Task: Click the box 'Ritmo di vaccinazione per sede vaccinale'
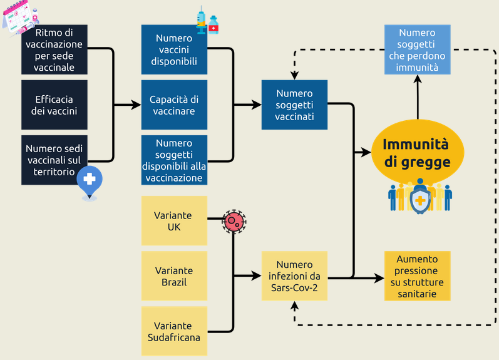54,49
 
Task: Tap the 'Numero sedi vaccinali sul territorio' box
54,160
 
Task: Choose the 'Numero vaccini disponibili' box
174,49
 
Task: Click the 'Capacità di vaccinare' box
174,105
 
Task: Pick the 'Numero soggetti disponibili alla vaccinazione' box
174,160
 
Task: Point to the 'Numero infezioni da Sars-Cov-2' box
294,276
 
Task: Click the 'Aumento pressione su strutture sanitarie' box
417,276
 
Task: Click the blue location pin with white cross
90,181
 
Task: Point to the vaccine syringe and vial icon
207,22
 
